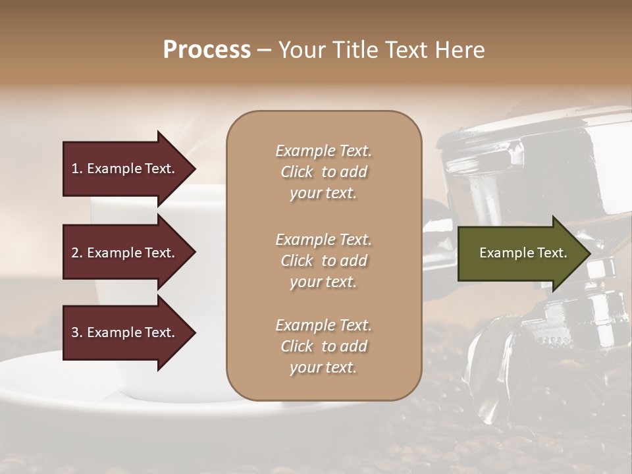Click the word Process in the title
(207, 50)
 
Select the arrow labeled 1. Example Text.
(125, 169)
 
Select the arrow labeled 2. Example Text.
(125, 253)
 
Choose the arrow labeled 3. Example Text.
(125, 332)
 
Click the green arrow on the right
(520, 253)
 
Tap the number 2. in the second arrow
(76, 253)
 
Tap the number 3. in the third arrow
(76, 332)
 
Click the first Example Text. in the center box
(323, 151)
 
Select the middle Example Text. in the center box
(323, 239)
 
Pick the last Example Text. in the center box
(323, 325)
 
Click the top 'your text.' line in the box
(323, 194)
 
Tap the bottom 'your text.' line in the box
(323, 368)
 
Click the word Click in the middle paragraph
(297, 261)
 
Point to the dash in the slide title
(264, 51)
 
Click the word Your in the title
(300, 50)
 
